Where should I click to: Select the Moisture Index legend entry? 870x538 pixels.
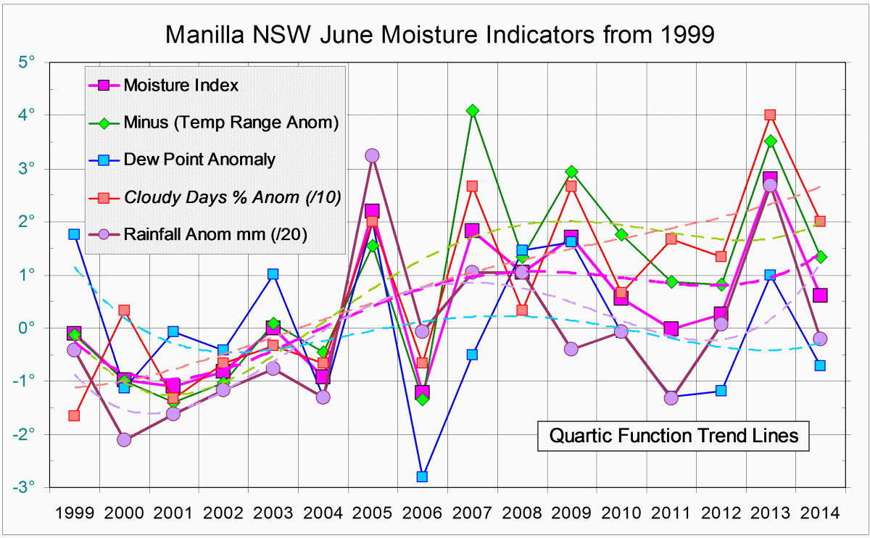coord(181,85)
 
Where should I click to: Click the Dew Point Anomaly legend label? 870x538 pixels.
coord(199,160)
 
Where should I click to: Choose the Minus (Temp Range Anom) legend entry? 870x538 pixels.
coord(231,123)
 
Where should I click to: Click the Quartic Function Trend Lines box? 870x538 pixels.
coord(674,436)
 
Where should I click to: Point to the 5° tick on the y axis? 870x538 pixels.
coord(28,62)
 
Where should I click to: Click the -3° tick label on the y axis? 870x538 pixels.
coord(25,487)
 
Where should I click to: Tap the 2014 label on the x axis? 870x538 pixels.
coord(819,513)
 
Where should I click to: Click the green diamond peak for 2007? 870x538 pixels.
coord(472,110)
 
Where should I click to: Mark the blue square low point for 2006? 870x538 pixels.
coord(422,476)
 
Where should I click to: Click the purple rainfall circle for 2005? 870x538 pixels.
coord(372,155)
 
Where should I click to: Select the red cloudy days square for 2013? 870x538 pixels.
coord(770,115)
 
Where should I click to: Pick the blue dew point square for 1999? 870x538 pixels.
coord(74,234)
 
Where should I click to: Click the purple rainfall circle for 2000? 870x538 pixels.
coord(124,439)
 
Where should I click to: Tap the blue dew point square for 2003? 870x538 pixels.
coord(273,274)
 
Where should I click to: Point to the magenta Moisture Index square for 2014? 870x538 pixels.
coord(820,295)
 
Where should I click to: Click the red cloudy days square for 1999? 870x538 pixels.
coord(74,415)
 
